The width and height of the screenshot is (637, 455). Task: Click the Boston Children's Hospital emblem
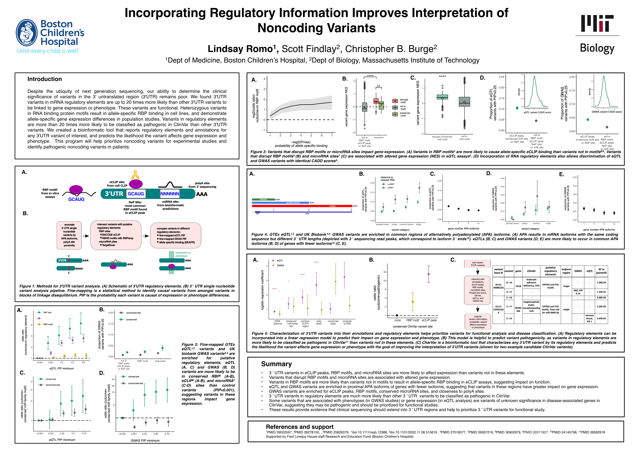pyautogui.click(x=27, y=33)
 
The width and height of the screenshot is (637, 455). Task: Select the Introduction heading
pyautogui.click(x=45, y=79)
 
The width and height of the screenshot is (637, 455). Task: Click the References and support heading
pyautogui.click(x=299, y=427)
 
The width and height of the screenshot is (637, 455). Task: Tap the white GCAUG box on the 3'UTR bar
pyautogui.click(x=136, y=194)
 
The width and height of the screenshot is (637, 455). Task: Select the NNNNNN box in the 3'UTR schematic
pyautogui.click(x=170, y=194)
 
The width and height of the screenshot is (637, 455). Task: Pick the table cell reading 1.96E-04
pyautogui.click(x=601, y=282)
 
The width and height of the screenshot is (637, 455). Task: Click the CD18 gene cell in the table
pyautogui.click(x=518, y=286)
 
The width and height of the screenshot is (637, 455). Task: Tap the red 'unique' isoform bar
pyautogui.click(x=302, y=206)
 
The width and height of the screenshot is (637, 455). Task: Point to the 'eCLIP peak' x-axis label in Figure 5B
pyautogui.click(x=429, y=320)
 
